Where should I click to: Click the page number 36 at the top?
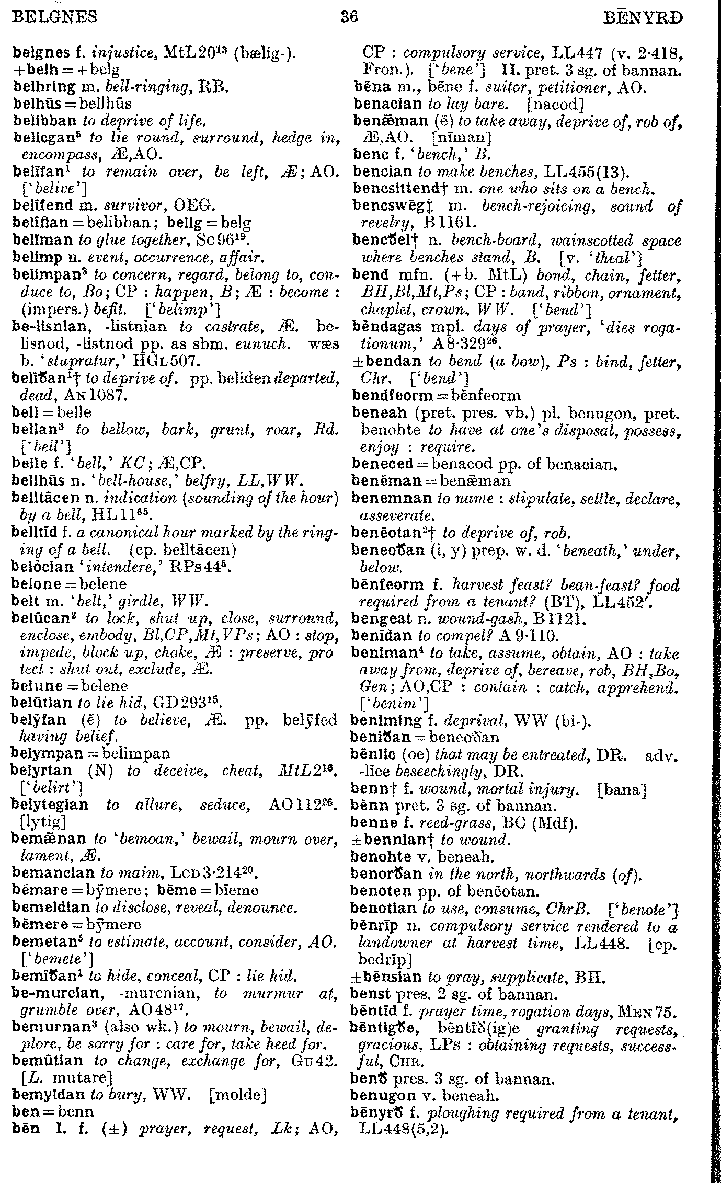pos(349,17)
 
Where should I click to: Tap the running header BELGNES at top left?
pos(54,18)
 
